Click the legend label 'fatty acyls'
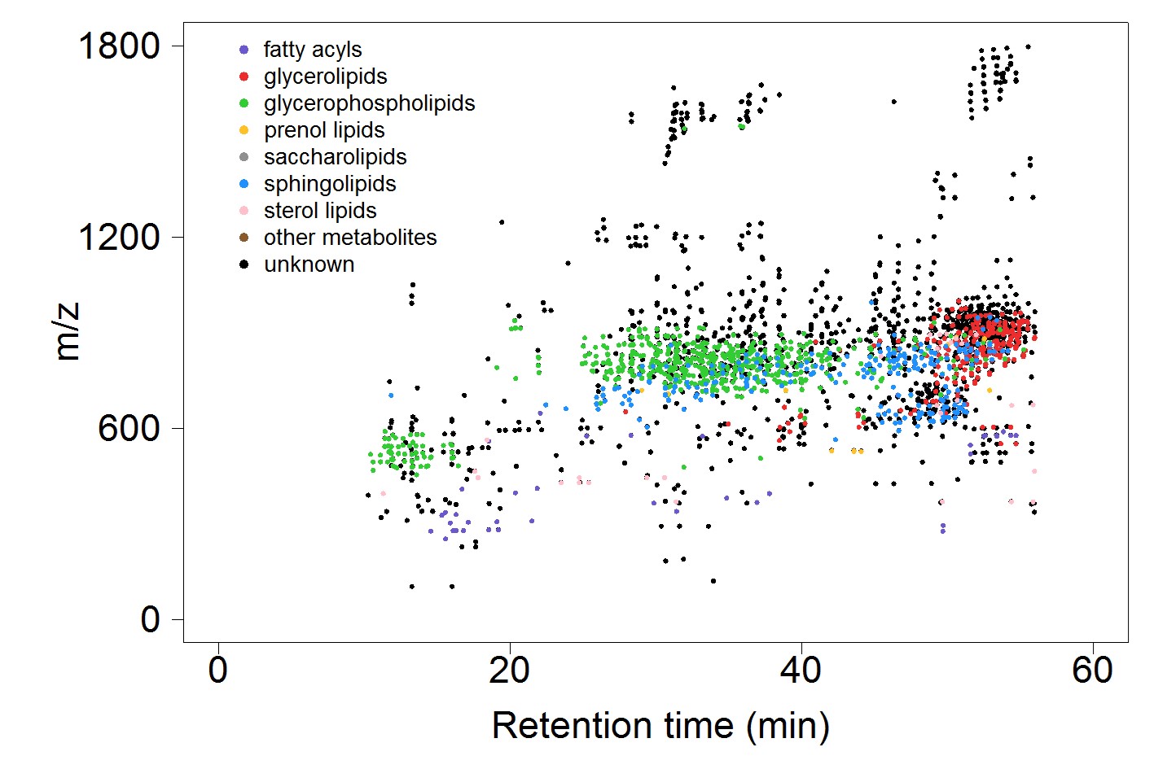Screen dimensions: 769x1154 (x=312, y=50)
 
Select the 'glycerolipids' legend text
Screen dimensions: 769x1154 (x=325, y=76)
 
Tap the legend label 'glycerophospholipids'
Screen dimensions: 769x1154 (x=369, y=103)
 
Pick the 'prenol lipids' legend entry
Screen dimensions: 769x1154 (x=323, y=130)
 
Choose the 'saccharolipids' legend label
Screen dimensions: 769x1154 (x=335, y=157)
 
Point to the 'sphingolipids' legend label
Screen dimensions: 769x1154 (x=329, y=184)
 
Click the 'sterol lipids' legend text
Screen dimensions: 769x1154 (x=319, y=211)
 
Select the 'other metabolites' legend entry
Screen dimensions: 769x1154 (x=349, y=238)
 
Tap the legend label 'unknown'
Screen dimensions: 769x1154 (x=309, y=264)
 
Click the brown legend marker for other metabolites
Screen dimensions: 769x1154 (x=244, y=238)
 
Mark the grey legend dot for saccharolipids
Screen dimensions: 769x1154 (x=244, y=157)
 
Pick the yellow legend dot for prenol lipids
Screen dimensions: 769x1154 (x=244, y=130)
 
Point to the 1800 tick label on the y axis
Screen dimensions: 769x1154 (x=119, y=46)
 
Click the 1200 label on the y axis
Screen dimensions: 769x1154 (x=119, y=238)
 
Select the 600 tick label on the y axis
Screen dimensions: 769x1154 (x=129, y=429)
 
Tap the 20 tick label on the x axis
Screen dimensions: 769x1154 (x=510, y=671)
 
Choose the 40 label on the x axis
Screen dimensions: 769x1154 (x=801, y=671)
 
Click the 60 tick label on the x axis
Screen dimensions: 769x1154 (x=1092, y=671)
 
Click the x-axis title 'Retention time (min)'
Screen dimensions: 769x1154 (x=660, y=726)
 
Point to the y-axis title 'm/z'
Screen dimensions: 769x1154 (x=67, y=331)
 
